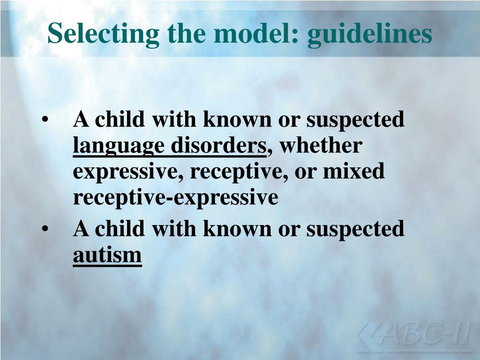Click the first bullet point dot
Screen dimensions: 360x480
[x=45, y=120]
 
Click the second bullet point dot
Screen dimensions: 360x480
[x=45, y=230]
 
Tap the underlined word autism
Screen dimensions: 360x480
[x=107, y=255]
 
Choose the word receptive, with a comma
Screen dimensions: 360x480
[x=239, y=172]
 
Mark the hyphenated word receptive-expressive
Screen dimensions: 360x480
[x=176, y=198]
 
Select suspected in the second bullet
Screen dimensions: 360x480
[x=355, y=230]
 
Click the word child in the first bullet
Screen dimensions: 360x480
[x=120, y=120]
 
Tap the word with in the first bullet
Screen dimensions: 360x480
[x=174, y=120]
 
